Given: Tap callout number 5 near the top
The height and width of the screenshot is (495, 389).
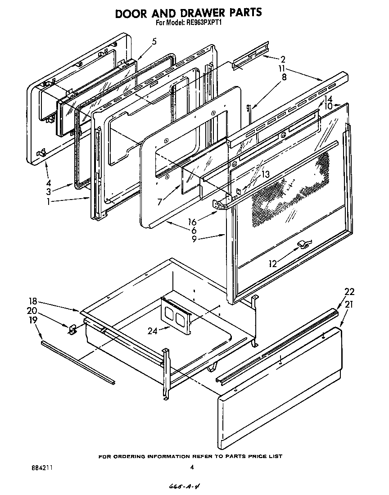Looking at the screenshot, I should [154, 41].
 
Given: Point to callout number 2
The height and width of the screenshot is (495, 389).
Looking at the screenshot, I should [283, 59].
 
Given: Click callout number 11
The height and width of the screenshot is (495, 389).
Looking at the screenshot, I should [281, 68].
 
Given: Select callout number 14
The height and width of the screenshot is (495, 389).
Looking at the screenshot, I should [328, 99].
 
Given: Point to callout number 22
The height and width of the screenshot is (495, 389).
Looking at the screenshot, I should [349, 292].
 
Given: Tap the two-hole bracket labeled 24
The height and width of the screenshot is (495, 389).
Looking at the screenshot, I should [176, 315].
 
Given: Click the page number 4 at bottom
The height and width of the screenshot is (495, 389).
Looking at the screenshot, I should [192, 468].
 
